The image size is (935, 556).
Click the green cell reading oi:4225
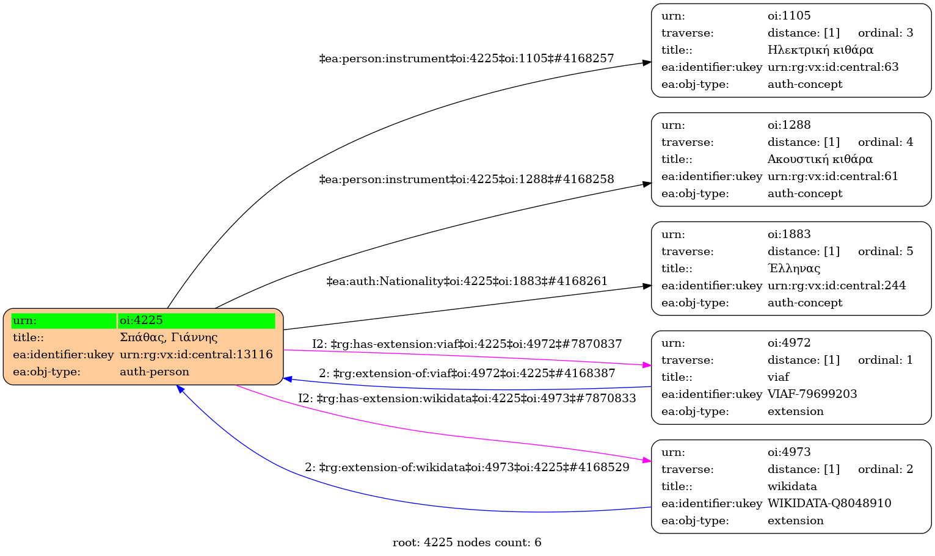tap(196, 320)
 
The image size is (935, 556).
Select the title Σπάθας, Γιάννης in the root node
tap(169, 338)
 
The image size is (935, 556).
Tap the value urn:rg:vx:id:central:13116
tap(196, 355)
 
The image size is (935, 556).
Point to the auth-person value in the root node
tap(155, 372)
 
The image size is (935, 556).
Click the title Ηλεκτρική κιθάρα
tap(820, 50)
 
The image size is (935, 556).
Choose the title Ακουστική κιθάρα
tap(820, 159)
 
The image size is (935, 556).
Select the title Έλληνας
tap(794, 269)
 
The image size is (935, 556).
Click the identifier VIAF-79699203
tap(812, 394)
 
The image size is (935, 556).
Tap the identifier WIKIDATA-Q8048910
tap(829, 504)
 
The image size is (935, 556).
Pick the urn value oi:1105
tap(789, 16)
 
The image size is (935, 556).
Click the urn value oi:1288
tap(789, 125)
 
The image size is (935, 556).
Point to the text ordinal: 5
tap(886, 251)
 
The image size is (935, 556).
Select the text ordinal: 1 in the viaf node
tap(886, 360)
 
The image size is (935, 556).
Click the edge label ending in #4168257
tap(467, 59)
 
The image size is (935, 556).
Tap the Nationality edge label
tap(467, 281)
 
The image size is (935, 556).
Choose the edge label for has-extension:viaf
tap(467, 344)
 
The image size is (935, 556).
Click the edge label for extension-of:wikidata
tap(467, 468)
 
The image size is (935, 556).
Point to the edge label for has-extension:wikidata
tap(467, 399)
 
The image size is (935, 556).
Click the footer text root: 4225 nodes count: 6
tap(467, 543)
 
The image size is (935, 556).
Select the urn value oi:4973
tap(789, 452)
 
